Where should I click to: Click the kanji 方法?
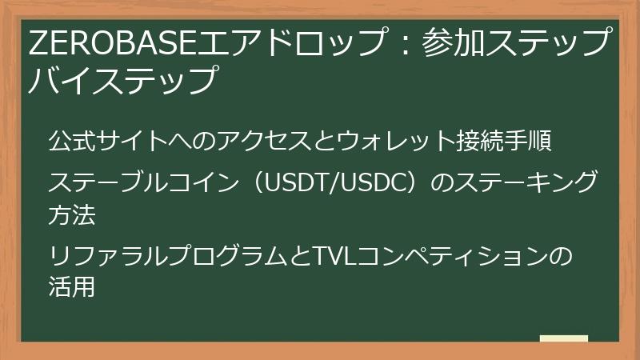point(72,214)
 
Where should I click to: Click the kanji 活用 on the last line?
point(72,286)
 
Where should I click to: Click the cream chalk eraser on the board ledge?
point(564,339)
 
